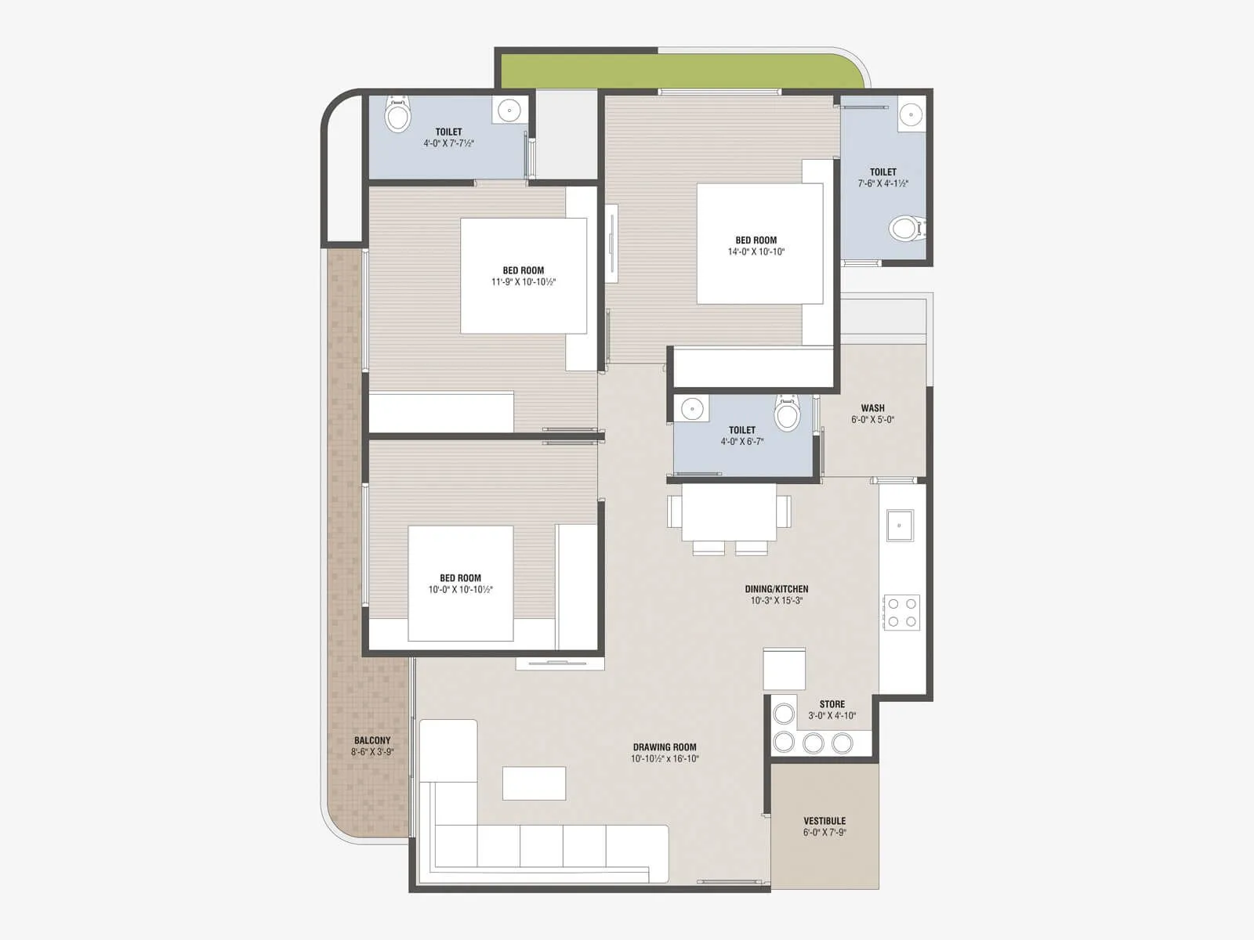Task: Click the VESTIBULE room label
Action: pyautogui.click(x=825, y=821)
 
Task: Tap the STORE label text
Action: pyautogui.click(x=832, y=704)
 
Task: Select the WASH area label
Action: pyautogui.click(x=872, y=408)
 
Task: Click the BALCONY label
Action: pyautogui.click(x=371, y=740)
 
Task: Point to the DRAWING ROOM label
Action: pyautogui.click(x=665, y=747)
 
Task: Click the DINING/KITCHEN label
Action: pyautogui.click(x=776, y=589)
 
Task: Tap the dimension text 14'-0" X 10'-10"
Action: pyautogui.click(x=756, y=252)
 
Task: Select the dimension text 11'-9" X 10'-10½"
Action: pyautogui.click(x=524, y=282)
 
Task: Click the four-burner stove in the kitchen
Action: pyautogui.click(x=902, y=613)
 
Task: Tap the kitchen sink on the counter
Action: pyautogui.click(x=900, y=526)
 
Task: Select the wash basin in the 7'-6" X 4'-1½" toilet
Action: pyautogui.click(x=911, y=115)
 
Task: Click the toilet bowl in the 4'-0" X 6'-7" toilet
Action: pyautogui.click(x=787, y=413)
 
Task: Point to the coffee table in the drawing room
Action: pyautogui.click(x=534, y=783)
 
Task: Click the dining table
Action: pyautogui.click(x=729, y=512)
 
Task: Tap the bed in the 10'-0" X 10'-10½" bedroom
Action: pyautogui.click(x=460, y=584)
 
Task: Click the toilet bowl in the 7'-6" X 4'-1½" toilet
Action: pyautogui.click(x=907, y=229)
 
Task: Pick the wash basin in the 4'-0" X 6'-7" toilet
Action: pyautogui.click(x=692, y=408)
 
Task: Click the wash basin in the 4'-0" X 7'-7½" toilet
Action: pyautogui.click(x=509, y=111)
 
